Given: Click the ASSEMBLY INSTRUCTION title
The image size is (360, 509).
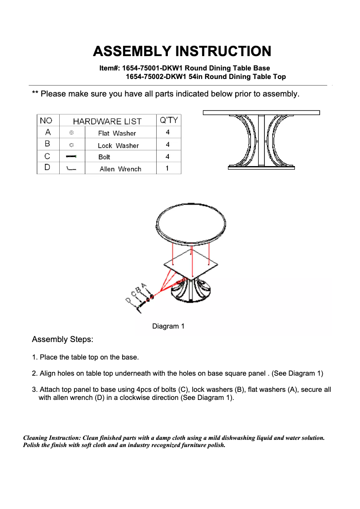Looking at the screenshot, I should pos(182,51).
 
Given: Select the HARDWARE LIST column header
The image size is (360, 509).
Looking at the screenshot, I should pos(107,121).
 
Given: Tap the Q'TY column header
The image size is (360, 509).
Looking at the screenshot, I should pos(169,120).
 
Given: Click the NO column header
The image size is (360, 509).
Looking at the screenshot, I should pos(46,121).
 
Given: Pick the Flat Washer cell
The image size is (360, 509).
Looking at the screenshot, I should pos(117,133).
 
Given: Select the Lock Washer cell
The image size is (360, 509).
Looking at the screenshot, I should pos(118,145).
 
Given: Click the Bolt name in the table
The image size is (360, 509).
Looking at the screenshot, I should pos(104,157).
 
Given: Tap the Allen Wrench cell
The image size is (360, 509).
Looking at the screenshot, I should pos(120,169).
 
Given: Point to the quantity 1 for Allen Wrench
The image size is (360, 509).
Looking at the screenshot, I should pos(167,169).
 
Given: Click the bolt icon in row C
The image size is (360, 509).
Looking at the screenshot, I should pos(71,157).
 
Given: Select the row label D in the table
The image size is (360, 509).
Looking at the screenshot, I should pos(48,168).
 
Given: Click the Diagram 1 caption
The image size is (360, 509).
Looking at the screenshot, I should pos(168,326).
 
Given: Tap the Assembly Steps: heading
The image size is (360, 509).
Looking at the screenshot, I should pos(62,340).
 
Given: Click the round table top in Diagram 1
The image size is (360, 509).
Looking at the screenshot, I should pos(191,222).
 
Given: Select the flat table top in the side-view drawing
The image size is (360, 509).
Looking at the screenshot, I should pos(261,113).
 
